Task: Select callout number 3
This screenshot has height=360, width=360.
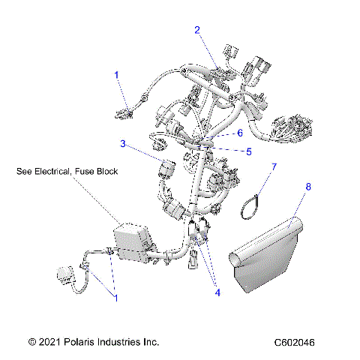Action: pyautogui.click(x=122, y=143)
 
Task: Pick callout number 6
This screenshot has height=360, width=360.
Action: pyautogui.click(x=240, y=133)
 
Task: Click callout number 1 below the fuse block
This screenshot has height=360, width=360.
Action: pyautogui.click(x=115, y=298)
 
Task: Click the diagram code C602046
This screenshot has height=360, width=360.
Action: pyautogui.click(x=295, y=342)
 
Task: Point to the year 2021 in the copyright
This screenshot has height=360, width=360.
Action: pyautogui.click(x=52, y=342)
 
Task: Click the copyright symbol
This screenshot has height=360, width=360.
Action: pyautogui.click(x=31, y=342)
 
